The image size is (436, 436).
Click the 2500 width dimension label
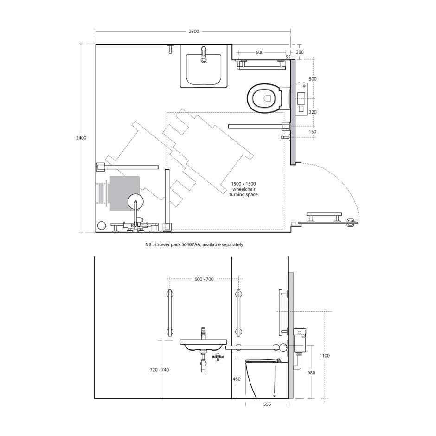[x=194, y=31]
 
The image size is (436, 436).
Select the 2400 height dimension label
[x=81, y=138]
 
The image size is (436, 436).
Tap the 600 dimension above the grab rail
[x=259, y=52]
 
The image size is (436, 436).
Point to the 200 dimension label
[x=300, y=52]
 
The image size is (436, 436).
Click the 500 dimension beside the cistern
[x=313, y=79]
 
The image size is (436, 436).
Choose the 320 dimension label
[x=313, y=112]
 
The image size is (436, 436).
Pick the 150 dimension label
[x=313, y=132]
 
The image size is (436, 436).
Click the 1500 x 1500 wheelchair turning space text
[x=244, y=189]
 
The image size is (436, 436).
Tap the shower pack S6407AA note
[x=194, y=245]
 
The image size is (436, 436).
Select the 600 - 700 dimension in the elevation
[x=204, y=279]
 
